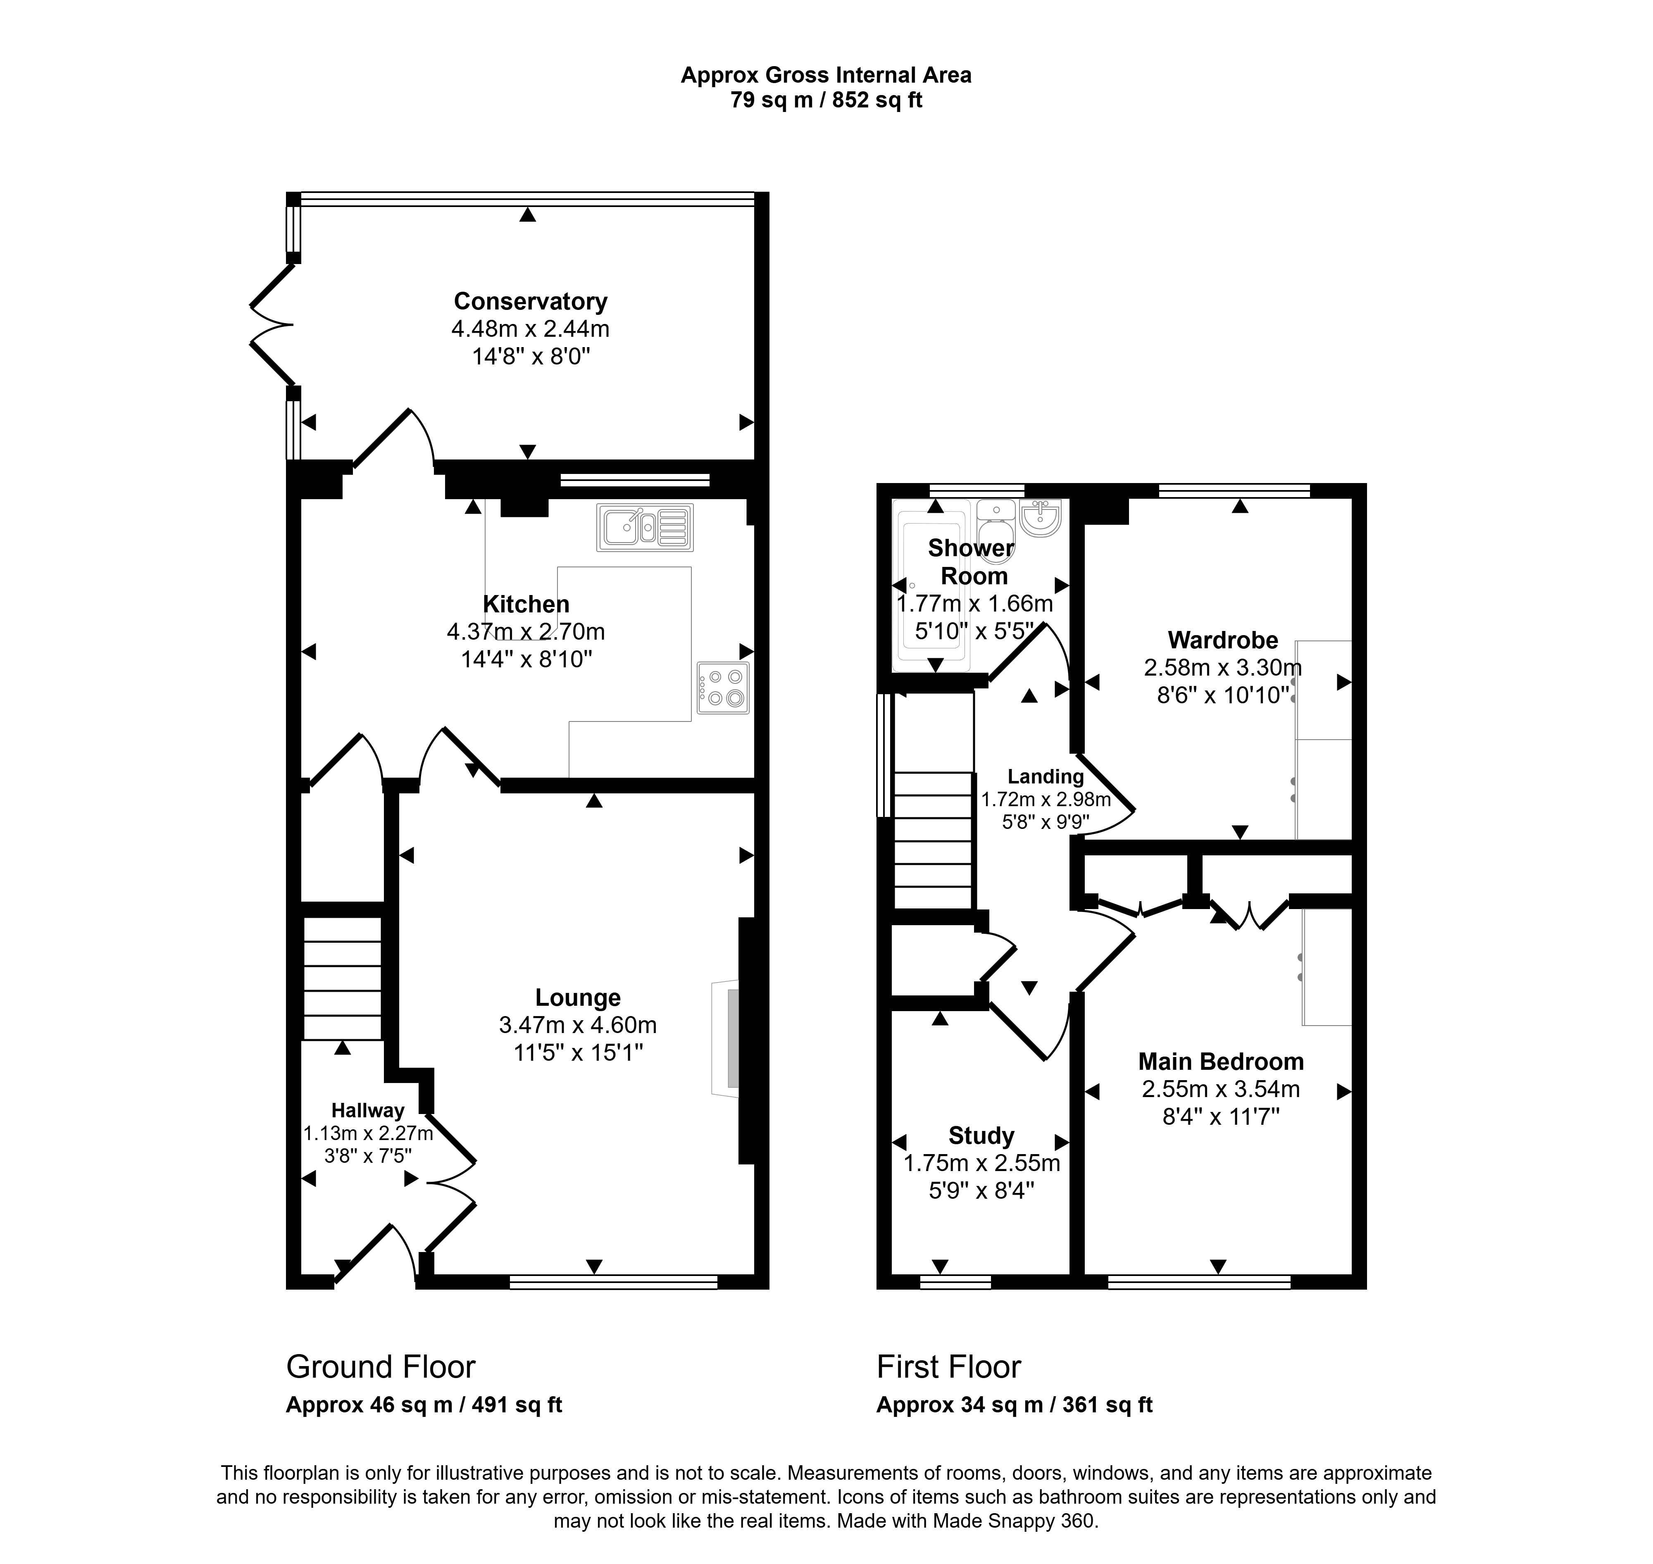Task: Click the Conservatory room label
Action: [530, 301]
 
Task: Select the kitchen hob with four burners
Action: [723, 688]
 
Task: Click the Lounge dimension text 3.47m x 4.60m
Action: [578, 1025]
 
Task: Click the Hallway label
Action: [368, 1110]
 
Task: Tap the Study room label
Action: [981, 1136]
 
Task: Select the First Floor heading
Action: [949, 1366]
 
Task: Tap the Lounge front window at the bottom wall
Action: [614, 1281]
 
